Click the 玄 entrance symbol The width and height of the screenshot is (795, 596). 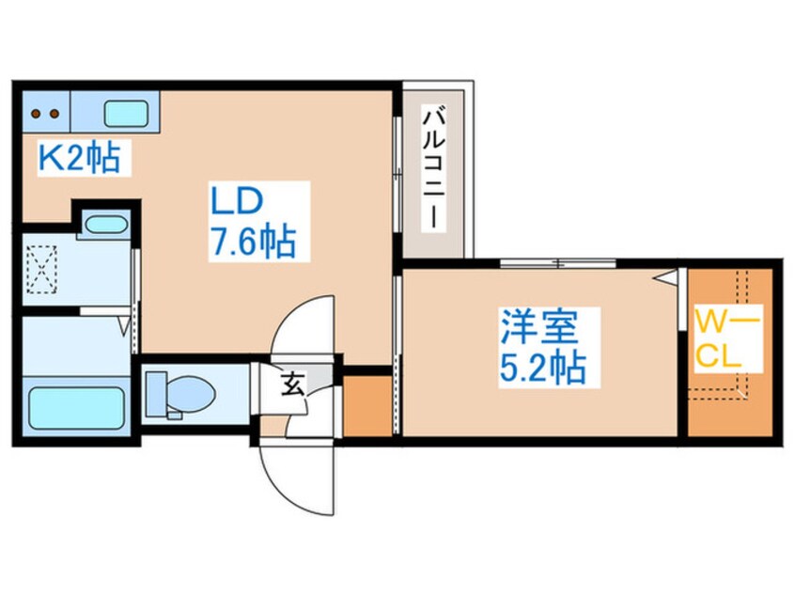(292, 384)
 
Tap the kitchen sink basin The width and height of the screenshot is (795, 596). (126, 114)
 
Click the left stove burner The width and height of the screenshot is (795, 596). (36, 115)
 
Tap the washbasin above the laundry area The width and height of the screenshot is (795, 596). (104, 226)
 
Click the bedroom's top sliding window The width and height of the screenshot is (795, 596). (557, 263)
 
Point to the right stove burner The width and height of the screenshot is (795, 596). (55, 115)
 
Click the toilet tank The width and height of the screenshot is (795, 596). (156, 391)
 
